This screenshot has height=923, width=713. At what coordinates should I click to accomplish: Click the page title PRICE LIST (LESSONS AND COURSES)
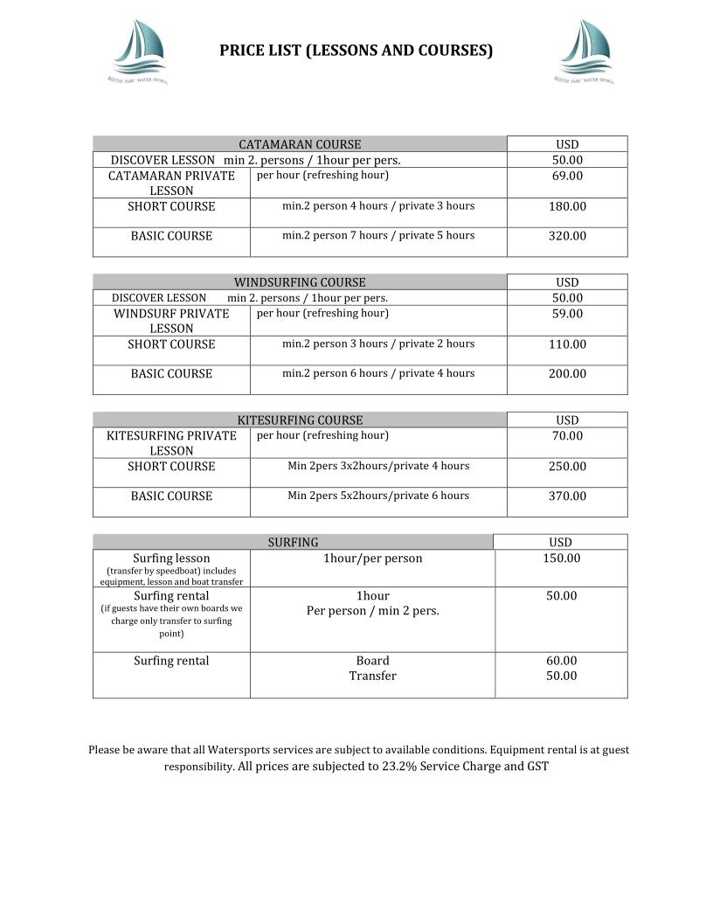tap(356, 51)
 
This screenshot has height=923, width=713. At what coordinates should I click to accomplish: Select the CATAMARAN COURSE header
tap(300, 144)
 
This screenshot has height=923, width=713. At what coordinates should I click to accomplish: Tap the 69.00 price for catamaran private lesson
tap(567, 176)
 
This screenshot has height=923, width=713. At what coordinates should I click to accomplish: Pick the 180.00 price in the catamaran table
tap(567, 207)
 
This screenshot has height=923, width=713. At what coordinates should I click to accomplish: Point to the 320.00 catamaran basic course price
tap(567, 236)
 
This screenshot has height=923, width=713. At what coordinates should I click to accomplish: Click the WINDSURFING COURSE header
tap(300, 282)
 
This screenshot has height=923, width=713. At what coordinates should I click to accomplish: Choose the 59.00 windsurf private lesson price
tap(567, 314)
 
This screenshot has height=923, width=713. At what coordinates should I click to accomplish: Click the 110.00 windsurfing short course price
tap(567, 344)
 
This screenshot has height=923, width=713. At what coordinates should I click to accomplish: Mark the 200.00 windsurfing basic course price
tap(567, 374)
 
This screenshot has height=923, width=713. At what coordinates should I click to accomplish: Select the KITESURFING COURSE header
tap(300, 420)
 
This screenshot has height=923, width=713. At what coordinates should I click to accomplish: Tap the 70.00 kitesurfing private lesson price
tap(567, 436)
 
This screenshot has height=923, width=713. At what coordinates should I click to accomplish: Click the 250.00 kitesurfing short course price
tap(567, 467)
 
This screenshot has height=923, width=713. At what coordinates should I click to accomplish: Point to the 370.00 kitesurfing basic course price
tap(567, 496)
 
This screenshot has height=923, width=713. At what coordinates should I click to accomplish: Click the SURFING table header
tap(293, 543)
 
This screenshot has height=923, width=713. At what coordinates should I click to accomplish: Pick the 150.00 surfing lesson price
tap(561, 559)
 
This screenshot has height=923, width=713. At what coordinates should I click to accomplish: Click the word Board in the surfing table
tap(372, 661)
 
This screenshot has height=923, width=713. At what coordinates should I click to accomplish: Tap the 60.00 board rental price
tap(561, 661)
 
